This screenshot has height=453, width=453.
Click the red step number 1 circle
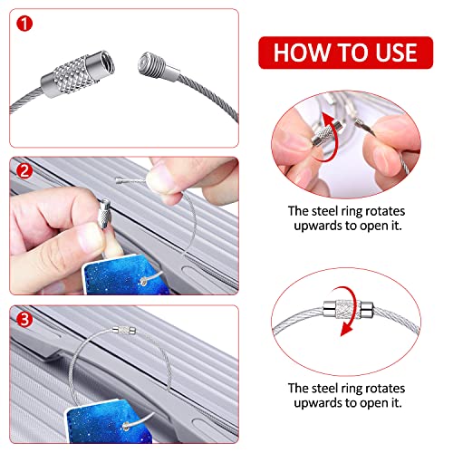(24, 24)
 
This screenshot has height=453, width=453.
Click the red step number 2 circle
(24, 171)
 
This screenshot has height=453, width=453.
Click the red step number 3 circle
(24, 319)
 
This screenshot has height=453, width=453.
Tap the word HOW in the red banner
(302, 53)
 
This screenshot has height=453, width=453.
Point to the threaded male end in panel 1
(159, 68)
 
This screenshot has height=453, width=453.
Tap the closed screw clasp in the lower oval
(348, 309)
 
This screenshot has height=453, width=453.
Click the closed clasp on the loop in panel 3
(124, 330)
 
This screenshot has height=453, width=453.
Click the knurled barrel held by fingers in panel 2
(104, 214)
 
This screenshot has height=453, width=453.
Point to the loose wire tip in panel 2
(119, 180)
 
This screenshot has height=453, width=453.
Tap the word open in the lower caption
(374, 404)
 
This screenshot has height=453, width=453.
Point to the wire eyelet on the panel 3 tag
(126, 426)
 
